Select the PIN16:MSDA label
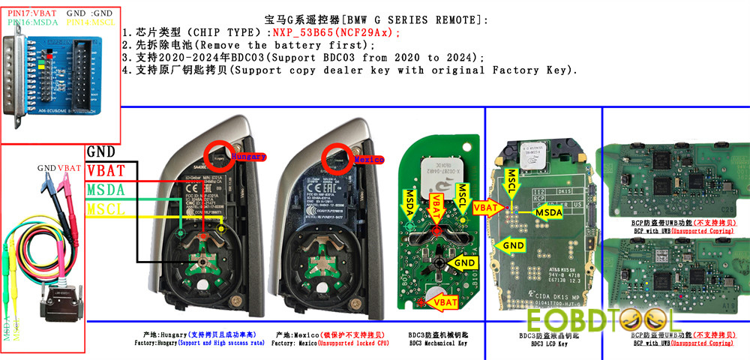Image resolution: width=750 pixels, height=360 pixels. (30, 22)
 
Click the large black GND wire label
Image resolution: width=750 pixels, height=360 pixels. (100, 152)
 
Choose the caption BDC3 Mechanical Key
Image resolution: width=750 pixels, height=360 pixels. (439, 343)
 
